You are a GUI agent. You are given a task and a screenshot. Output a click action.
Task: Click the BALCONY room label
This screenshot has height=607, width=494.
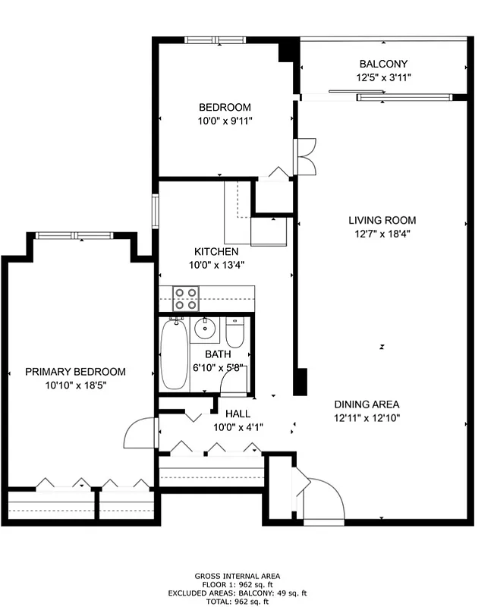[383, 64]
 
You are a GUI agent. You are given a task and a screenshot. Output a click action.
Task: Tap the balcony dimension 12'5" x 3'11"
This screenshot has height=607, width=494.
[383, 77]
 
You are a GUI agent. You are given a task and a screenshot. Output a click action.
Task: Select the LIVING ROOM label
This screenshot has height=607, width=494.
[382, 220]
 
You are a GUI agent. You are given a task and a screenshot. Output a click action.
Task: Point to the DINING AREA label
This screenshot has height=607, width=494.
[367, 404]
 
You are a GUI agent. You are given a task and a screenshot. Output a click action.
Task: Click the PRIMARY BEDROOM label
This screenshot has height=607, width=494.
[75, 372]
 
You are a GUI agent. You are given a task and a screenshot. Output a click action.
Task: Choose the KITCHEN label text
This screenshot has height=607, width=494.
[216, 252]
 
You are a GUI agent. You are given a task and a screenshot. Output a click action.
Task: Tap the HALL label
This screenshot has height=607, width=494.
[238, 414]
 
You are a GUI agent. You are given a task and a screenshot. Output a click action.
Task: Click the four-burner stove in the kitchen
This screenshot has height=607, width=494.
[186, 298]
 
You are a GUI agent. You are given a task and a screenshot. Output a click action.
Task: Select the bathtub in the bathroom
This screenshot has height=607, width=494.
[173, 355]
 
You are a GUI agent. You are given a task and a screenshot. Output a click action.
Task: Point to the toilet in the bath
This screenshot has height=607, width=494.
[235, 332]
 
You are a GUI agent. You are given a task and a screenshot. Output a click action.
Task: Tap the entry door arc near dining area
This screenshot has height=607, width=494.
[325, 497]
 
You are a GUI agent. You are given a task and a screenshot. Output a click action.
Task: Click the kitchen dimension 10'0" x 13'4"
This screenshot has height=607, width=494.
[216, 265]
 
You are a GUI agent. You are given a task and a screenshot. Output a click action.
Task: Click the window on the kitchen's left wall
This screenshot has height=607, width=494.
[155, 211]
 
